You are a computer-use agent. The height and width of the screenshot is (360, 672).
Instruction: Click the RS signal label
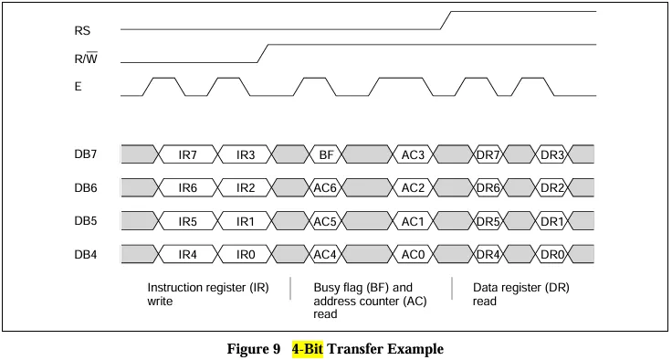82,31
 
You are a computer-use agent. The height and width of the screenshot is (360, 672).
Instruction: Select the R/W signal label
86,58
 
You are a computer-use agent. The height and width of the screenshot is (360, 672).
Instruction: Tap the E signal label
78,87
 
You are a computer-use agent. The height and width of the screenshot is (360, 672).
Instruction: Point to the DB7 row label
86,154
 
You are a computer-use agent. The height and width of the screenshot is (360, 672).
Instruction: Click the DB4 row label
86,254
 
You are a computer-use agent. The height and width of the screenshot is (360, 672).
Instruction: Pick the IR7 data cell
188,154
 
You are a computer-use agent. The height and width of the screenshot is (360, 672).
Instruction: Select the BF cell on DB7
326,154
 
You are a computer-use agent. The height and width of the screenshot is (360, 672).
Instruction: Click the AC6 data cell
325,188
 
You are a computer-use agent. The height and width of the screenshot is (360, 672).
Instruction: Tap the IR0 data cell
246,254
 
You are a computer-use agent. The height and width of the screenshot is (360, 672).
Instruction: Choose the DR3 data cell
552,154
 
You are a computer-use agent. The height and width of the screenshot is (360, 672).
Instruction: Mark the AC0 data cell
413,254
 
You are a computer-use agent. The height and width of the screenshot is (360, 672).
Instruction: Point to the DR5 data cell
488,221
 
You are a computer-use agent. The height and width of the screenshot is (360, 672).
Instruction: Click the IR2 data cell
246,188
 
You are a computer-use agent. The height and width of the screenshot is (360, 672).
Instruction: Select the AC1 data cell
413,221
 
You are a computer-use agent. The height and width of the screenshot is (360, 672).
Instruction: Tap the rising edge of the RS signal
446,21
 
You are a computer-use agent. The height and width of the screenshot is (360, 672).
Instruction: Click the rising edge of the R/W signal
263,54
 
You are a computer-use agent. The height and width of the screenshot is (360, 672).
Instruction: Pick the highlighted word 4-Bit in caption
308,348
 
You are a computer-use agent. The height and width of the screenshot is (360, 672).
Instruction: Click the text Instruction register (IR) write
208,294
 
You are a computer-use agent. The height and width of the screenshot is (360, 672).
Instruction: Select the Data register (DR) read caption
521,294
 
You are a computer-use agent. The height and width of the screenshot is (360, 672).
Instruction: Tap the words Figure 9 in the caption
254,348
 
